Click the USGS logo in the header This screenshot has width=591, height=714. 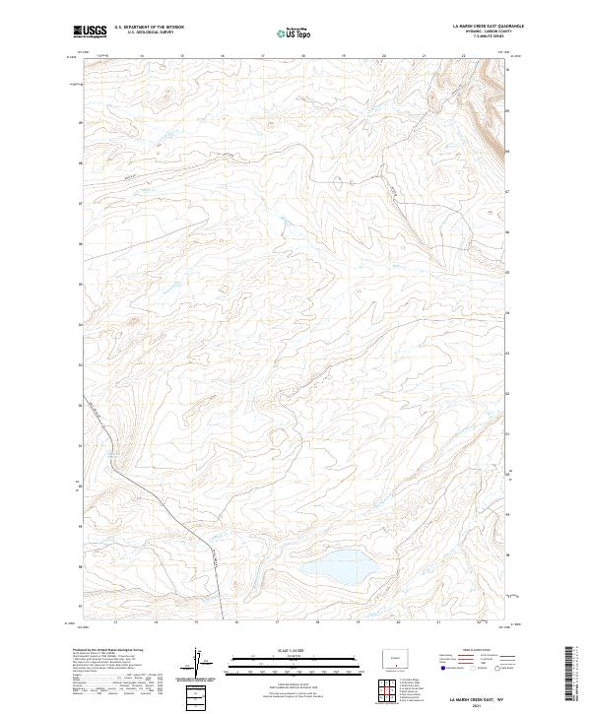(90, 32)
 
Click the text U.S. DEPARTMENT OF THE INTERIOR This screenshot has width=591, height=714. (149, 27)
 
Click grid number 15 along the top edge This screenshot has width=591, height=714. (181, 56)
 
